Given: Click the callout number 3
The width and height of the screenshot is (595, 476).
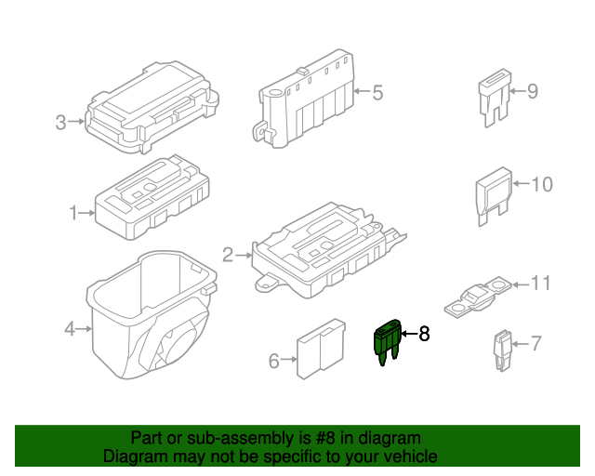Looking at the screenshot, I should pyautogui.click(x=60, y=122).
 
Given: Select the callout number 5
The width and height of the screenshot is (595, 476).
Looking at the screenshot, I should pyautogui.click(x=377, y=92).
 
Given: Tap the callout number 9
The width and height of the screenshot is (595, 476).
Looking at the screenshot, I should pyautogui.click(x=533, y=91).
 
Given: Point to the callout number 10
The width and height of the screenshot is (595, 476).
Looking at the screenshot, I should pyautogui.click(x=541, y=184).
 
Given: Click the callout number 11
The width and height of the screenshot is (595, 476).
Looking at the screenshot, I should pyautogui.click(x=541, y=283).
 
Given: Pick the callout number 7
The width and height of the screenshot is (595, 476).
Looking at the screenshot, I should pyautogui.click(x=535, y=344).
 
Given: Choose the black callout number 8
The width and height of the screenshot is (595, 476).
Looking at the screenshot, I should pyautogui.click(x=425, y=333).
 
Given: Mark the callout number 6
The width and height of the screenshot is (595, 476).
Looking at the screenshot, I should pyautogui.click(x=273, y=361).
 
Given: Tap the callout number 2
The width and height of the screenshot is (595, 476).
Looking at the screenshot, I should pyautogui.click(x=228, y=254).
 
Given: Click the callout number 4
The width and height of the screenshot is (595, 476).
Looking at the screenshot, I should pyautogui.click(x=69, y=328).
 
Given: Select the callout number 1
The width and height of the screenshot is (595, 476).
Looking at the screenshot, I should pyautogui.click(x=73, y=213).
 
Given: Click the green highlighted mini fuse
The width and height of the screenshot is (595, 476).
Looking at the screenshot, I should pyautogui.click(x=387, y=340).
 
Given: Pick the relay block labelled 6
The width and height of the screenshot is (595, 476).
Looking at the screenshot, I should pyautogui.click(x=317, y=352).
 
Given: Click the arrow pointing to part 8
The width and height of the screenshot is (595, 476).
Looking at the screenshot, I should pyautogui.click(x=408, y=333).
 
